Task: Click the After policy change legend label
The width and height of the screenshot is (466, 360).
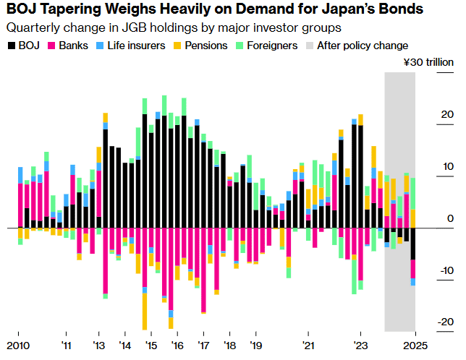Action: [363, 46]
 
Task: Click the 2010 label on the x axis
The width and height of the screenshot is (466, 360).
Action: [18, 345]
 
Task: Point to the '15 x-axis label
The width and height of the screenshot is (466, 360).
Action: [150, 345]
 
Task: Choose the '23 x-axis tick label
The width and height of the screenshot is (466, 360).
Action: [361, 345]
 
